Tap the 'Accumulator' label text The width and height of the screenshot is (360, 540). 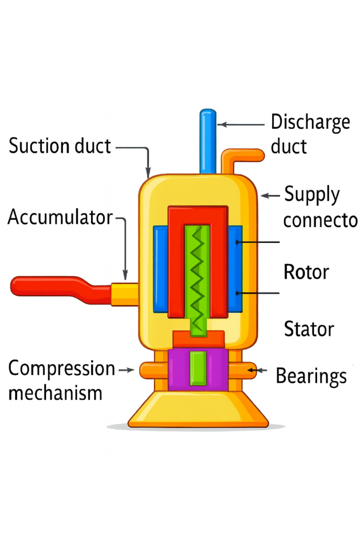(x=60, y=217)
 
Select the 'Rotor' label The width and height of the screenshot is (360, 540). (x=306, y=272)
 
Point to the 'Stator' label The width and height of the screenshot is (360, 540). (x=309, y=329)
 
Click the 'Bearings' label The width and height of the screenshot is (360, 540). (x=311, y=376)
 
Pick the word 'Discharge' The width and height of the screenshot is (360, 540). (x=310, y=123)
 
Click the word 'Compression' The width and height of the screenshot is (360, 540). (x=62, y=369)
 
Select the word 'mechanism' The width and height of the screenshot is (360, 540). (x=55, y=393)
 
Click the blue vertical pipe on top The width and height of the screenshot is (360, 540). (x=208, y=141)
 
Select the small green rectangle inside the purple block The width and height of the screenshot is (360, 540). (x=198, y=368)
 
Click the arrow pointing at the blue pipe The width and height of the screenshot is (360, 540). (x=241, y=125)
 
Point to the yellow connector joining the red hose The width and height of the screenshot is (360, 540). (x=124, y=294)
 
